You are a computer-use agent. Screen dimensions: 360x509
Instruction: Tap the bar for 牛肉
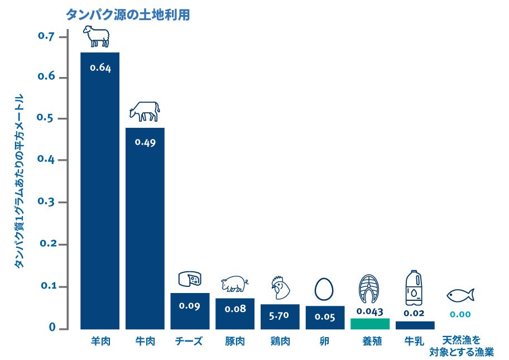(x=145, y=229)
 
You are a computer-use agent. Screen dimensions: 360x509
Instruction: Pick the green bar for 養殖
(x=370, y=324)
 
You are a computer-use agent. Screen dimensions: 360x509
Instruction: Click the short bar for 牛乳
(x=415, y=325)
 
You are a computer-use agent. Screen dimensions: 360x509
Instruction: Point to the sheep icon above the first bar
(x=96, y=36)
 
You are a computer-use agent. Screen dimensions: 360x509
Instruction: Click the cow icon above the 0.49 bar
(x=145, y=111)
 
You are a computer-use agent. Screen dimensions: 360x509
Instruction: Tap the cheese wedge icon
(x=190, y=279)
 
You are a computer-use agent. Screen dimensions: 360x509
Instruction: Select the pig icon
(x=234, y=285)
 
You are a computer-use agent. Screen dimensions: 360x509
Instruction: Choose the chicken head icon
(x=280, y=288)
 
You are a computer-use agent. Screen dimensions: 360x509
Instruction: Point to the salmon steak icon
(x=369, y=289)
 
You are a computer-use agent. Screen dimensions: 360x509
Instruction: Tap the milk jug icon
(x=414, y=287)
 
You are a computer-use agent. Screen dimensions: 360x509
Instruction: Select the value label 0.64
(x=100, y=68)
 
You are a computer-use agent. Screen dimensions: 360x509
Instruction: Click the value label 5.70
(x=280, y=315)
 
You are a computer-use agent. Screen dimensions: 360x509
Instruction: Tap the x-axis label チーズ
(x=189, y=341)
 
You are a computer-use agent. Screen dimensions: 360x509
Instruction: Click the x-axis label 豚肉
(x=234, y=341)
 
